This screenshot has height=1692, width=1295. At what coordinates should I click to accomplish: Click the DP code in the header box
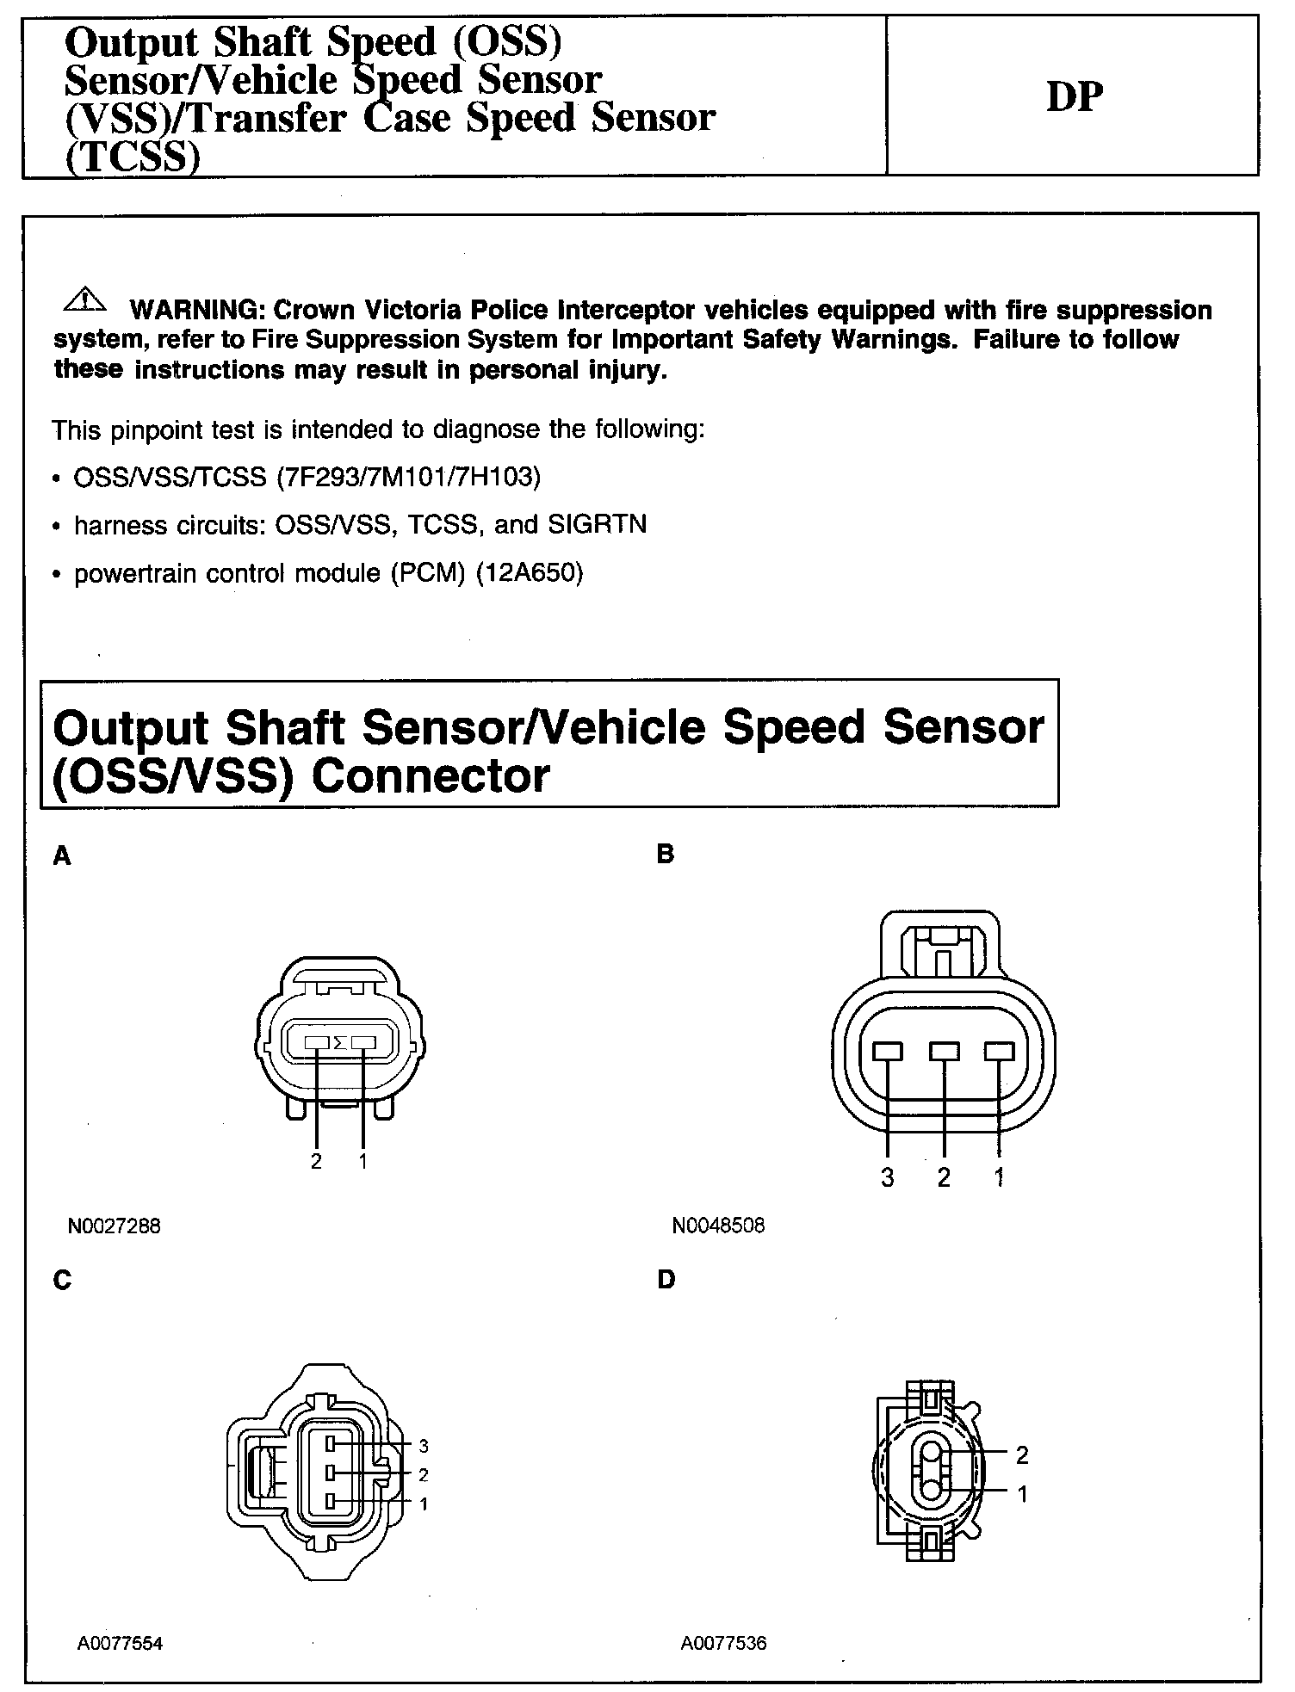[1074, 96]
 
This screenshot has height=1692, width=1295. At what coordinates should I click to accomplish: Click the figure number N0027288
[114, 1225]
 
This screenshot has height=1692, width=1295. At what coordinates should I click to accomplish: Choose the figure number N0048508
[718, 1225]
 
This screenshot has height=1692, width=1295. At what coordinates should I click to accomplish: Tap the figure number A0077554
[120, 1643]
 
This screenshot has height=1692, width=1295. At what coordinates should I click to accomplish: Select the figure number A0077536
[723, 1643]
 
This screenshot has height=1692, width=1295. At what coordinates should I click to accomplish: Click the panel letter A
[62, 855]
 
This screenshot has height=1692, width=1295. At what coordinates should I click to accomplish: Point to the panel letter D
[666, 1280]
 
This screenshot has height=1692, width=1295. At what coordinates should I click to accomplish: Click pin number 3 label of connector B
[888, 1178]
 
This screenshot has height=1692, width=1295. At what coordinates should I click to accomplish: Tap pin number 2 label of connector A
[317, 1162]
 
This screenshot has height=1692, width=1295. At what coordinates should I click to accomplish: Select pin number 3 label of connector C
[423, 1446]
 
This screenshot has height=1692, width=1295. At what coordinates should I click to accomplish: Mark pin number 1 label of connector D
[1022, 1495]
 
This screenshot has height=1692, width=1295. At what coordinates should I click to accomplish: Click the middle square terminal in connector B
[945, 1052]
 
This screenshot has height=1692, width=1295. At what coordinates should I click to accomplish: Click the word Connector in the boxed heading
[431, 776]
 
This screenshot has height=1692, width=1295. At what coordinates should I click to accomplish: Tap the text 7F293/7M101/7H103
[408, 477]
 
